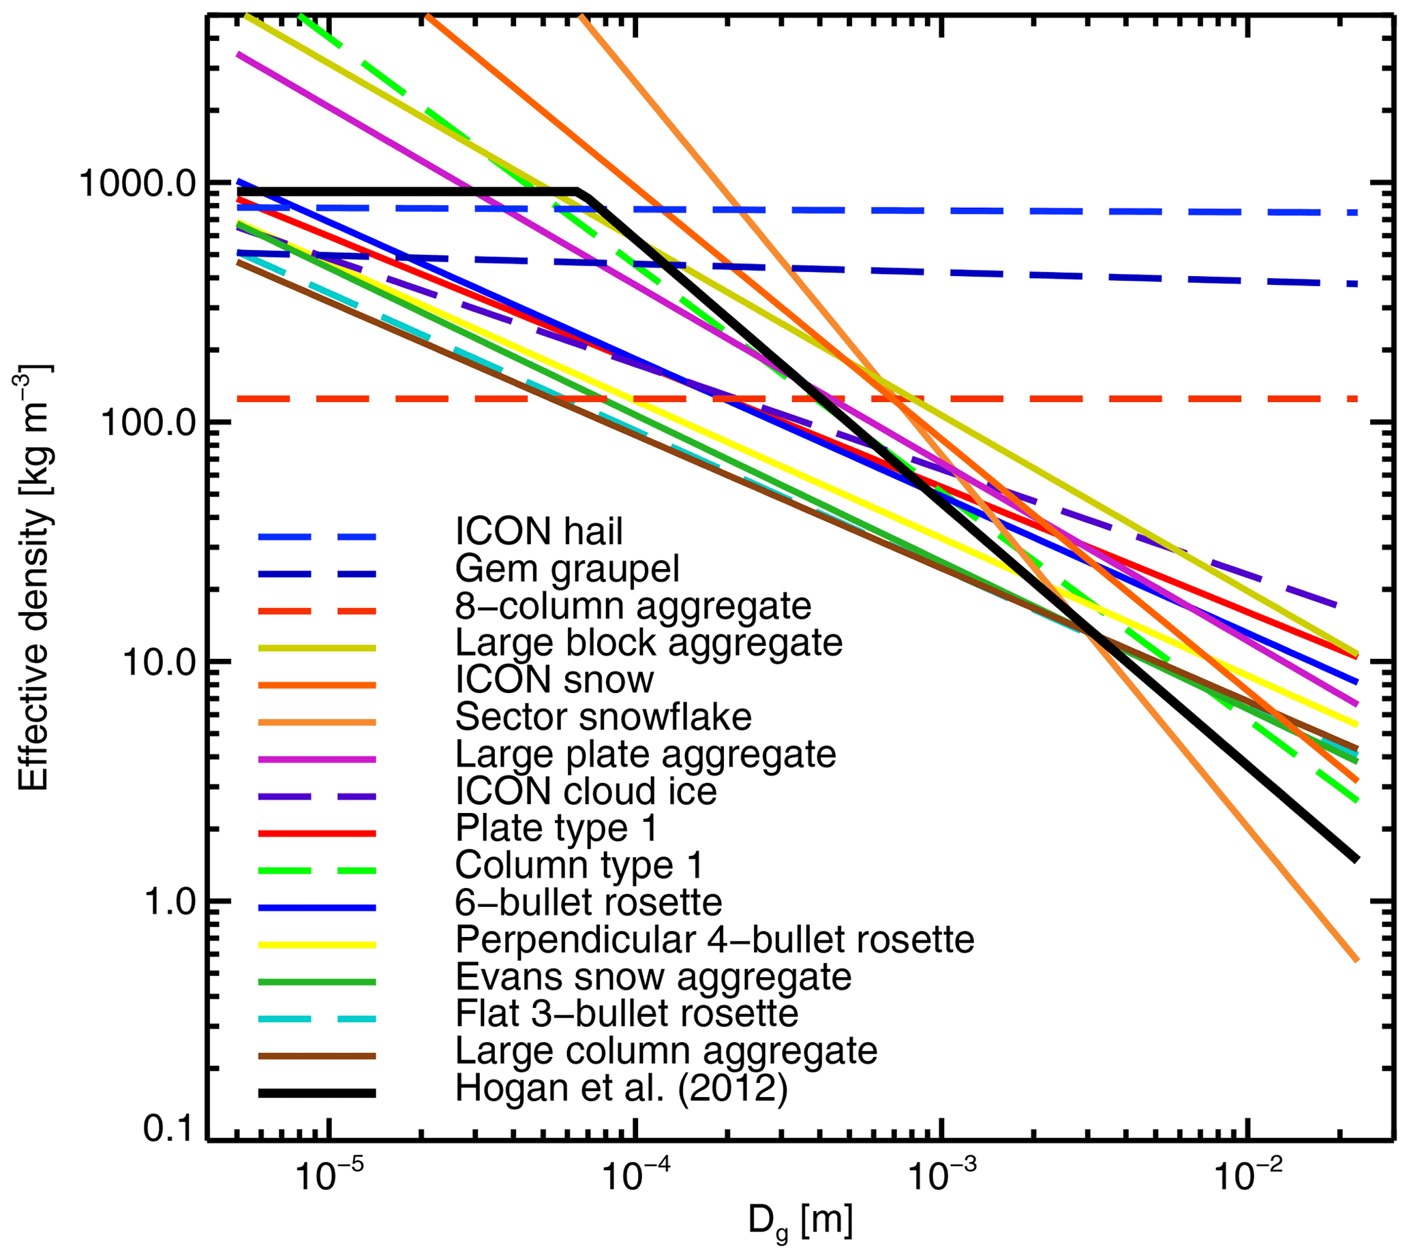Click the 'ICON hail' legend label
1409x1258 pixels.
[x=539, y=532]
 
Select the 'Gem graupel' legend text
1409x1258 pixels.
[x=567, y=569]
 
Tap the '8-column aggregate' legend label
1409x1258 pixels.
[x=633, y=607]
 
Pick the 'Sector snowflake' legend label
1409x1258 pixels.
[x=603, y=718]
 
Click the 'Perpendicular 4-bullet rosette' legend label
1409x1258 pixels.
[x=714, y=939]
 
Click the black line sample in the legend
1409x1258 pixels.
[x=318, y=1093]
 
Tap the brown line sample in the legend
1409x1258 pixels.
[x=318, y=1056]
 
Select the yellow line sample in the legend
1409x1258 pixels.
[x=318, y=945]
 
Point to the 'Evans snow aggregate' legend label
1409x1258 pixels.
[x=653, y=977]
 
